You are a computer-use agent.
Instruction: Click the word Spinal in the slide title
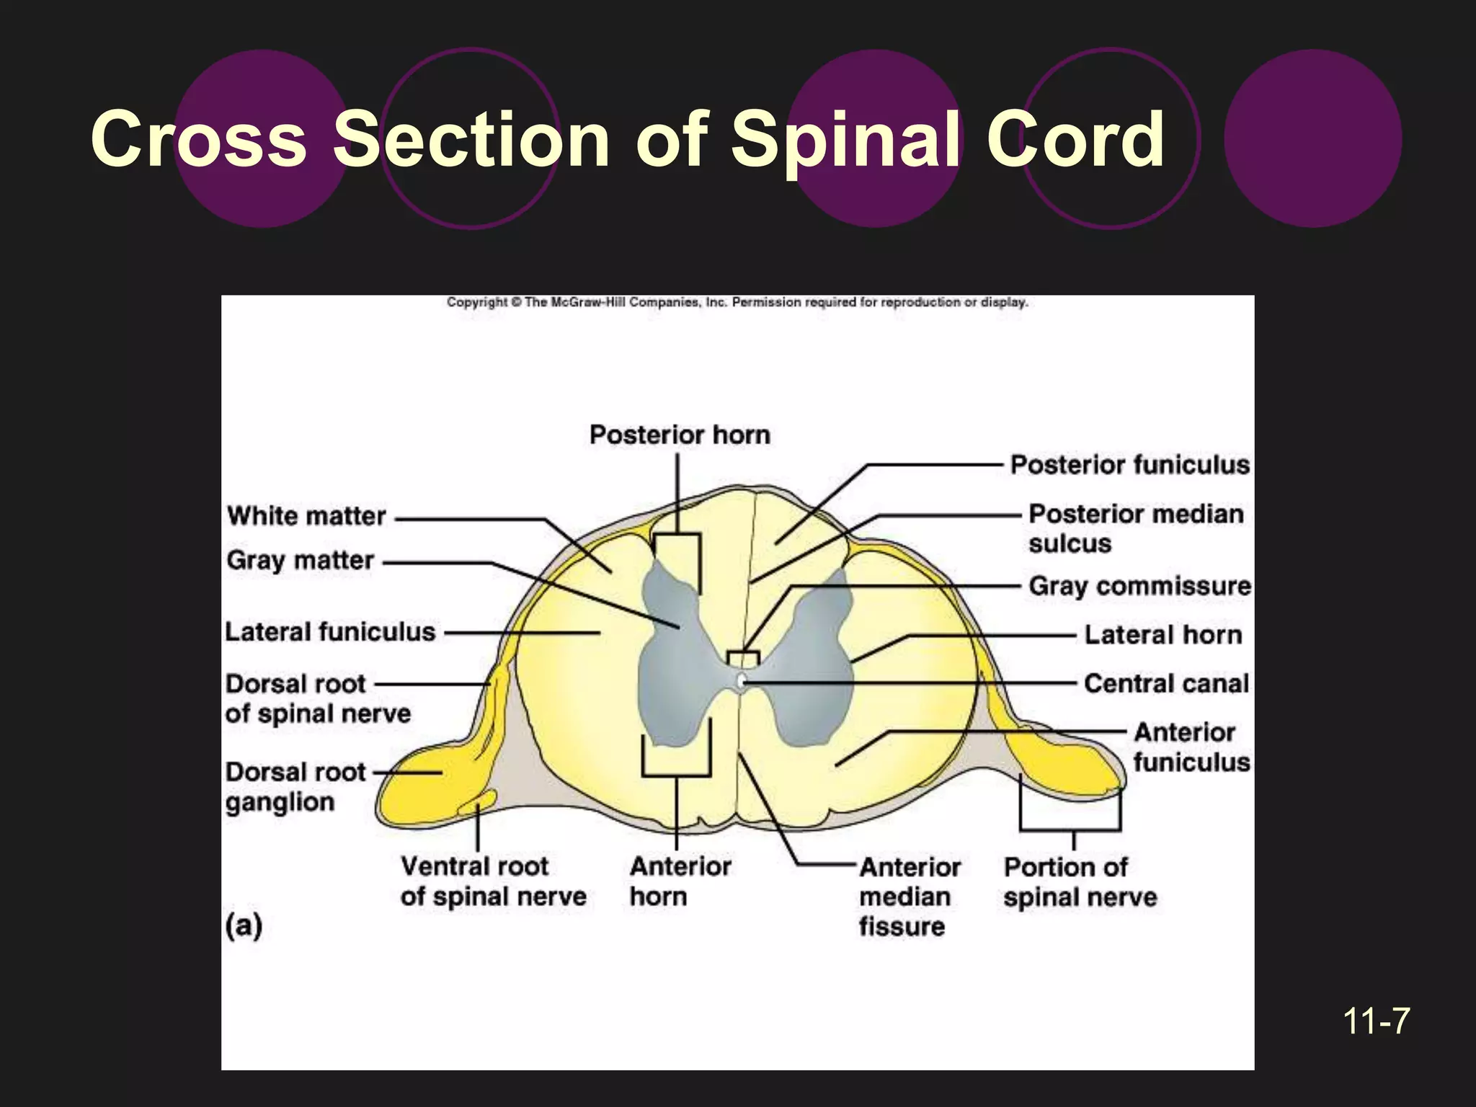point(846,141)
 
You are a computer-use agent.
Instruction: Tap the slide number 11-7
point(1376,1021)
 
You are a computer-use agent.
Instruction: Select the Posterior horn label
point(680,435)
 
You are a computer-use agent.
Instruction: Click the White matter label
point(307,516)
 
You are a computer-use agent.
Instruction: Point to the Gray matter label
point(300,560)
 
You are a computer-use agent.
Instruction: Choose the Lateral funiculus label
point(330,632)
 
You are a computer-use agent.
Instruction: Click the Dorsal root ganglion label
point(295,787)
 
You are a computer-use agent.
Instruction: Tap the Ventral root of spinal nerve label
point(493,881)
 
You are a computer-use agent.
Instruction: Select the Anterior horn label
point(680,881)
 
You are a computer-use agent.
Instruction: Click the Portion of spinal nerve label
point(1079,881)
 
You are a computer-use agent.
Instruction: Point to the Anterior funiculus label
point(1190,747)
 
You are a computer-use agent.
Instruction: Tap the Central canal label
point(1165,683)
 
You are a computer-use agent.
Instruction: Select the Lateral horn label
point(1162,635)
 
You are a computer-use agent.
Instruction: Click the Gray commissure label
point(1139,586)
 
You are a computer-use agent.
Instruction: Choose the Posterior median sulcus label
point(1135,528)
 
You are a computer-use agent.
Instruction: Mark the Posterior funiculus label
point(1129,465)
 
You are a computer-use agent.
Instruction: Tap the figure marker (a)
point(244,925)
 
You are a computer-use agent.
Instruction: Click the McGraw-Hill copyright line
point(737,303)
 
